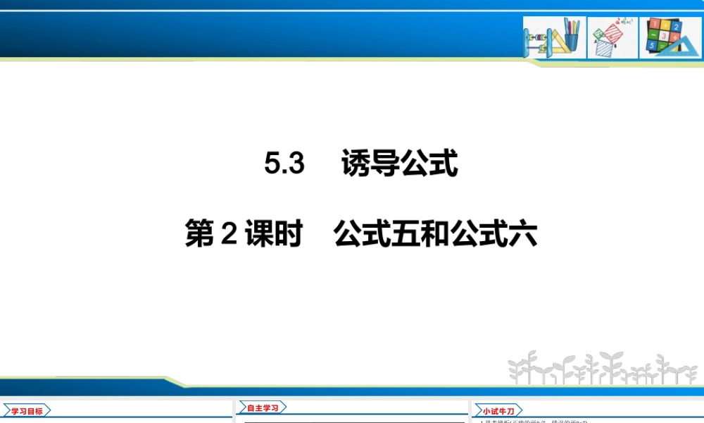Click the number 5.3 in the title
tap(284, 164)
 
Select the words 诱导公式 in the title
tap(399, 164)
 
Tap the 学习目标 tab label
tap(27, 410)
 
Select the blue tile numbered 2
tap(676, 27)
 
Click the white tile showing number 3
tap(664, 36)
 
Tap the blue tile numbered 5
tap(652, 45)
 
